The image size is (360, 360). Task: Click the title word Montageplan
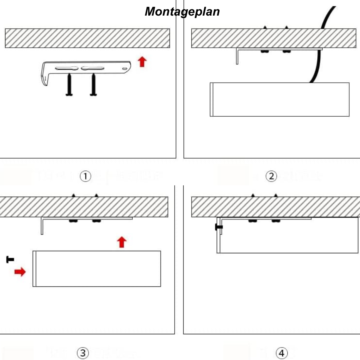point(182,12)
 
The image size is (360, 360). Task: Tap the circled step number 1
point(85,176)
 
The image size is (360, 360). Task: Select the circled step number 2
point(271,176)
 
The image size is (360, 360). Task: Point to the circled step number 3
point(83,353)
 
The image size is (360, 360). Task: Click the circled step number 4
point(281,353)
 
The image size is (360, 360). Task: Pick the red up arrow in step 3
point(121,242)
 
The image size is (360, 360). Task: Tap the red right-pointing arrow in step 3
point(20,272)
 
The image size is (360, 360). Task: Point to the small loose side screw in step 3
point(10,259)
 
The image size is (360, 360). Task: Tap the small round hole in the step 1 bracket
point(124,69)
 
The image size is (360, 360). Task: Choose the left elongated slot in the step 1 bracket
point(67,68)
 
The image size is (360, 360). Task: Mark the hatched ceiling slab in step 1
point(87,38)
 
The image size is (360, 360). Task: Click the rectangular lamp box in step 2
point(280,99)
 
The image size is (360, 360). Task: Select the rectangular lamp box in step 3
point(97,268)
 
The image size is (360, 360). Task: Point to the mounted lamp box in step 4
point(287,235)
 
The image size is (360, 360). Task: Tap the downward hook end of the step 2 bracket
point(237,58)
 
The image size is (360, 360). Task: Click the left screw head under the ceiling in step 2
point(264,52)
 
